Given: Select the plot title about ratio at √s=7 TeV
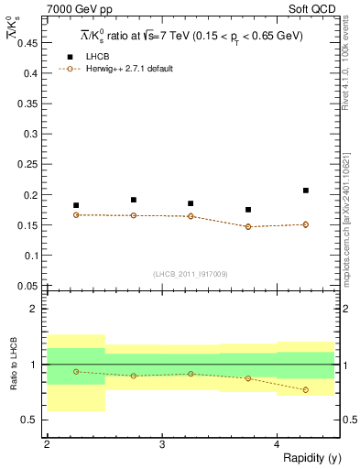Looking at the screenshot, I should pyautogui.click(x=191, y=36).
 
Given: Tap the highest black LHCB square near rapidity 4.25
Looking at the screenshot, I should pyautogui.click(x=306, y=191).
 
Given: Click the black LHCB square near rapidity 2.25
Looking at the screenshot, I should pyautogui.click(x=76, y=205).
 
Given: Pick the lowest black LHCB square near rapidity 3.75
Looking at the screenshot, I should pyautogui.click(x=248, y=210).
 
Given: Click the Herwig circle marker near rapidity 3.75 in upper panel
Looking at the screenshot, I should pyautogui.click(x=248, y=226).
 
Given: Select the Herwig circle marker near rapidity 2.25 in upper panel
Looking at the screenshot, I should pyautogui.click(x=76, y=214).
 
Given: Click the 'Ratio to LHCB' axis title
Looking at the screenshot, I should pyautogui.click(x=11, y=365).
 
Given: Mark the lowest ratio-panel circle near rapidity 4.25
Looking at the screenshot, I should pyautogui.click(x=306, y=390).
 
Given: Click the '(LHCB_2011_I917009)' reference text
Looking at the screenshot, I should pyautogui.click(x=191, y=274).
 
